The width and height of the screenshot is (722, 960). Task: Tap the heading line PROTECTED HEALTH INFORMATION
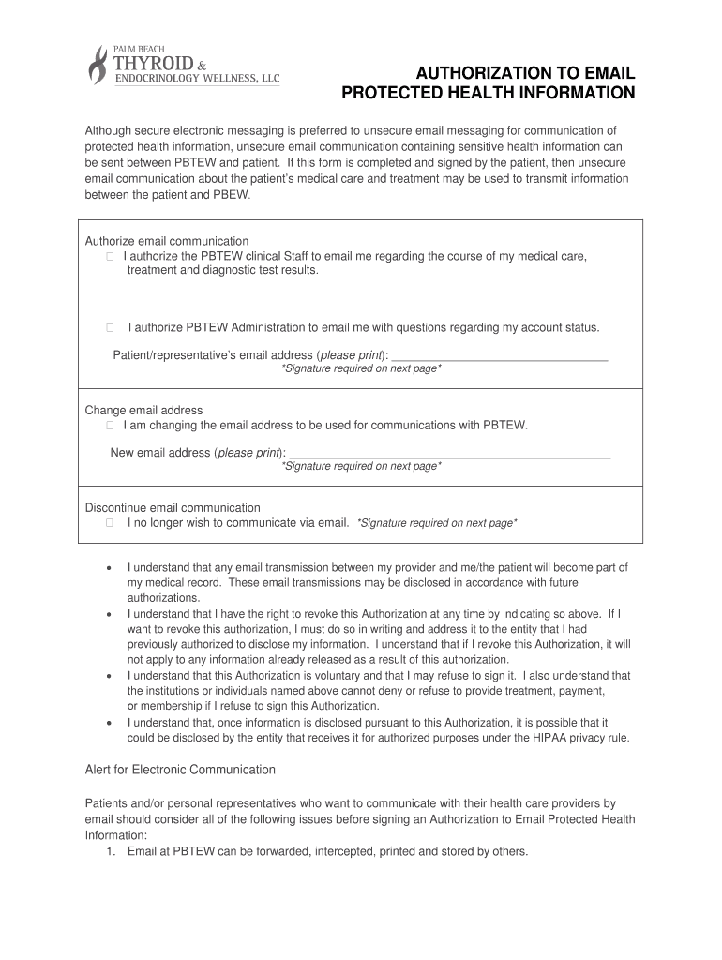coord(488,93)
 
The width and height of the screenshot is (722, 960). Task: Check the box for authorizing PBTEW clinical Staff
coord(110,256)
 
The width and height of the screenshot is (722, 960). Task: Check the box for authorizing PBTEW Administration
coord(110,327)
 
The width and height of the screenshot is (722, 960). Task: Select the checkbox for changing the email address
coord(110,425)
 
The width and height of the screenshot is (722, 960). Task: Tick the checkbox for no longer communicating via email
coord(110,522)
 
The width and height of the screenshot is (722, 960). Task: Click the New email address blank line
coord(450,455)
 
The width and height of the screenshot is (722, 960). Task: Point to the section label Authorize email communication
coord(167,241)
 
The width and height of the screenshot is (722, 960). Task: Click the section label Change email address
coord(143,410)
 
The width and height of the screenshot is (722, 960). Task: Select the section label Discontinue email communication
coord(173,507)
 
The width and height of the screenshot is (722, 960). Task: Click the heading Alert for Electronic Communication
coord(180,770)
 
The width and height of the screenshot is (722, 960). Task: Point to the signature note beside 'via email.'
coord(437,523)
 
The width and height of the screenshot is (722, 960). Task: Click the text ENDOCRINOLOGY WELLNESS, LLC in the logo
coord(197,80)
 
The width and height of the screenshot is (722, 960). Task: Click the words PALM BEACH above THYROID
coord(138,47)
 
